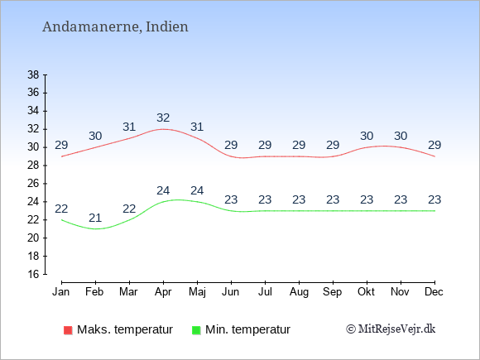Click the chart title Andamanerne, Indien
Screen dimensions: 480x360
[115, 27]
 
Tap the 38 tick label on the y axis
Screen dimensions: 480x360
[33, 74]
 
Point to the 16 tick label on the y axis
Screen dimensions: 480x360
[33, 274]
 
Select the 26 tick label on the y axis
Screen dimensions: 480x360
[33, 184]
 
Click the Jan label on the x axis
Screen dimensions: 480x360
[61, 292]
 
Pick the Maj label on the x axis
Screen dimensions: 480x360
[197, 292]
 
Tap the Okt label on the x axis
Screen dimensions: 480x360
[366, 292]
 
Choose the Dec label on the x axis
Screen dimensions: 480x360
[434, 292]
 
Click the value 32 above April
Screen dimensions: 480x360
[163, 118]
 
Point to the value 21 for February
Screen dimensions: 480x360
[95, 218]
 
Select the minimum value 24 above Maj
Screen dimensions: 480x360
[197, 190]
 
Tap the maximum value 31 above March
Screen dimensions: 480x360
[129, 127]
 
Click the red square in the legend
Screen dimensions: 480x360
[68, 330]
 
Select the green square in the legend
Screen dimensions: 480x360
[196, 330]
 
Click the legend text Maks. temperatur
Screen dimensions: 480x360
[125, 329]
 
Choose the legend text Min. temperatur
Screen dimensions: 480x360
[247, 329]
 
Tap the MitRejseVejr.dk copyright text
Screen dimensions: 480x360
[391, 329]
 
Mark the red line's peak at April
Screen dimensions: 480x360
[163, 129]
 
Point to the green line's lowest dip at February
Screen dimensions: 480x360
[95, 229]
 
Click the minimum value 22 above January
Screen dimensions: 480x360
[61, 209]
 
